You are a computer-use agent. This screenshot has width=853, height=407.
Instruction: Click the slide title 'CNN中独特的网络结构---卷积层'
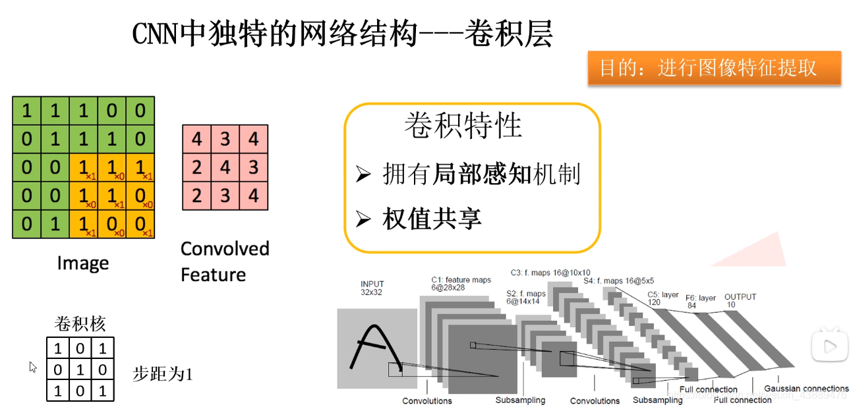coord(341,34)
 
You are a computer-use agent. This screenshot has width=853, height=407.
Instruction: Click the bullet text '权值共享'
coord(432,219)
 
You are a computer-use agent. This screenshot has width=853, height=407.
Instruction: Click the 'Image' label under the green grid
coord(83,263)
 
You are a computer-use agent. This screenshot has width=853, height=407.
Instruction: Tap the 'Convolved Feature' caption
coord(225,261)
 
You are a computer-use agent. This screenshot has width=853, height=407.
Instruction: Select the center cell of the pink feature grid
coord(225,167)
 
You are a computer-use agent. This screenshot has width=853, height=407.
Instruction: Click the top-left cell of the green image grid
coord(26,111)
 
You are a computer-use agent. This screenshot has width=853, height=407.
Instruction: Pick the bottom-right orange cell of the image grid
coord(140,223)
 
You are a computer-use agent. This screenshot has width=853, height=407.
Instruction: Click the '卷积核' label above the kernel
coord(80,324)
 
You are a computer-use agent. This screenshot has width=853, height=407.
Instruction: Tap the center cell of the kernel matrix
coord(80,369)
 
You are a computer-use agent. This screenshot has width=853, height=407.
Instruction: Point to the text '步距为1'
coord(162,375)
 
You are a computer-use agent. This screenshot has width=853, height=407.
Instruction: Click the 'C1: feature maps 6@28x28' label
coord(461,284)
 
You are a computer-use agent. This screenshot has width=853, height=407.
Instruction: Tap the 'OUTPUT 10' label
coord(740,300)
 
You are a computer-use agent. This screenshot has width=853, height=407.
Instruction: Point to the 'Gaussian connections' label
coord(806,389)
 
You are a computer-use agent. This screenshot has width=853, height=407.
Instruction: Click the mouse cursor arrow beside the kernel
coord(33,367)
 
